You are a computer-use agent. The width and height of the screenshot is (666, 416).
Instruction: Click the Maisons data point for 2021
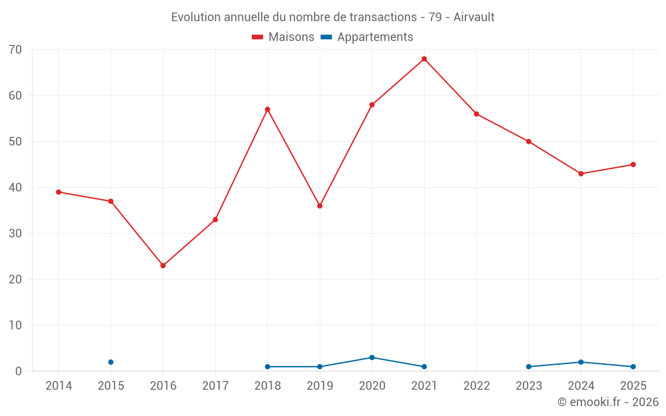tap(424, 59)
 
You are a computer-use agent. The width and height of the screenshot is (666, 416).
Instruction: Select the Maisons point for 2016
tap(163, 266)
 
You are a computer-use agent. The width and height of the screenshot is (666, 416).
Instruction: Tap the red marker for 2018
tap(268, 110)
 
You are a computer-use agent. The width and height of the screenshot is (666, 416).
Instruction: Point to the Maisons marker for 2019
tap(320, 206)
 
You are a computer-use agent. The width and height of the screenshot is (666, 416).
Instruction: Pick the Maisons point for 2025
tap(633, 164)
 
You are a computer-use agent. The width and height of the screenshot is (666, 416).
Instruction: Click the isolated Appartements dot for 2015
tap(111, 362)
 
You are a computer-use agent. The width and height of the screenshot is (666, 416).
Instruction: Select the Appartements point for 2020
tap(372, 357)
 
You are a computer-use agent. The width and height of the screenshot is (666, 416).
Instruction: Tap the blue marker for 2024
tap(581, 362)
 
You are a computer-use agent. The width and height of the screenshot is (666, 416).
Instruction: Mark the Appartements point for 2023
tap(529, 367)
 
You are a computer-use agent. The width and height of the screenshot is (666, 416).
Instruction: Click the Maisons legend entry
tap(283, 37)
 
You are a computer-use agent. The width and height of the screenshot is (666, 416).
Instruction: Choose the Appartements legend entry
tap(367, 37)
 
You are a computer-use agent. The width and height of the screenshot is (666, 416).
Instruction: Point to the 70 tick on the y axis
tap(15, 50)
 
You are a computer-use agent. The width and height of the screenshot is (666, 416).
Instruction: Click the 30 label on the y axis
tap(15, 234)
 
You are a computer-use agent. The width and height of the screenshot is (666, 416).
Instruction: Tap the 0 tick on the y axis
tap(18, 371)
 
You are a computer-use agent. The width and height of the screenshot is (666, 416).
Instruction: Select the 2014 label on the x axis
tap(59, 385)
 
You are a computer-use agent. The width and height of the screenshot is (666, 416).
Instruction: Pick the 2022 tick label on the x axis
tap(477, 385)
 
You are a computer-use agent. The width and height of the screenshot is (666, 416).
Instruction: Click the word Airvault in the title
tap(474, 17)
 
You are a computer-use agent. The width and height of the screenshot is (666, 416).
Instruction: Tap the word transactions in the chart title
tap(383, 17)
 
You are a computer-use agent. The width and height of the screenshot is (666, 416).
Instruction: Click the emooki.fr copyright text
tap(608, 401)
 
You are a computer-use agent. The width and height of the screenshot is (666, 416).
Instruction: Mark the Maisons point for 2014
tap(59, 192)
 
